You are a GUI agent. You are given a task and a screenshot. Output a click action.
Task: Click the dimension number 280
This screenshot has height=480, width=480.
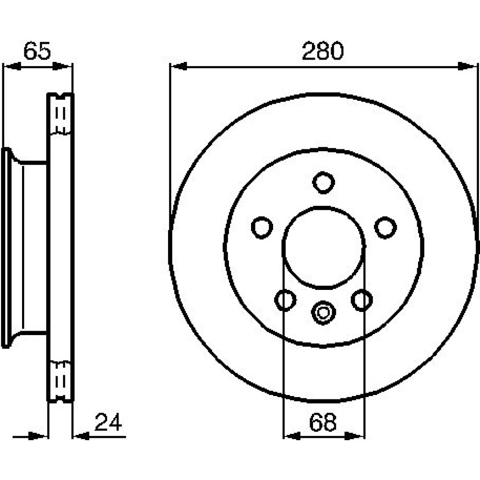(323, 51)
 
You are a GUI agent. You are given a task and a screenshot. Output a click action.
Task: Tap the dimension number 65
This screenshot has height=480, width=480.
(37, 51)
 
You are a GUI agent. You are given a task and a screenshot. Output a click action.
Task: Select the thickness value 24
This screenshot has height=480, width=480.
(108, 422)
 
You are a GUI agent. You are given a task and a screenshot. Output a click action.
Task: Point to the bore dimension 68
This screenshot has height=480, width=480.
(323, 422)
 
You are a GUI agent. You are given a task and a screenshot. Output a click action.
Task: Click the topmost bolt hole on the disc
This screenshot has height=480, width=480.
(323, 182)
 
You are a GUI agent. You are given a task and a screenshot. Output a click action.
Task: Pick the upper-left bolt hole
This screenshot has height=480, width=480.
(262, 228)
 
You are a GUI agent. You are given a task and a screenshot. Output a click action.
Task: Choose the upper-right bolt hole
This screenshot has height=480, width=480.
(385, 228)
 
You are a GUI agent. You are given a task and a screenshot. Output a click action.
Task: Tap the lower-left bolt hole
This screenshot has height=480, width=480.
(285, 300)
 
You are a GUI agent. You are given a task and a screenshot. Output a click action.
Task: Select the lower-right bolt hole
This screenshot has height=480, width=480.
(362, 300)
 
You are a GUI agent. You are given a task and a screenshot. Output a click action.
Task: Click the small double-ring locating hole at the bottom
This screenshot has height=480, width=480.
(323, 312)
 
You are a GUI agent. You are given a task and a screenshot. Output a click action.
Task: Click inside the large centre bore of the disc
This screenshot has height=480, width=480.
(324, 247)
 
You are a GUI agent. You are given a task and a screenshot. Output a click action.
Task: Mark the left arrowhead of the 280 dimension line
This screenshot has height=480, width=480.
(179, 66)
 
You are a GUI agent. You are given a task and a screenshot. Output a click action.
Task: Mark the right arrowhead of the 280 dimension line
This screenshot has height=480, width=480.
(467, 66)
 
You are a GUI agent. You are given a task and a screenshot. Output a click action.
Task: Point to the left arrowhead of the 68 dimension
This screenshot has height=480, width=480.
(292, 436)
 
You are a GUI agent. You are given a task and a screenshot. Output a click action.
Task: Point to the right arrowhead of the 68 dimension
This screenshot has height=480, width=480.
(356, 436)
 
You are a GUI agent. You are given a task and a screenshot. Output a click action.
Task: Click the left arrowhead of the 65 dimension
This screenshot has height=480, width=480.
(12, 66)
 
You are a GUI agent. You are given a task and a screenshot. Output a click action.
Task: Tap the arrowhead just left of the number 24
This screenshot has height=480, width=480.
(82, 436)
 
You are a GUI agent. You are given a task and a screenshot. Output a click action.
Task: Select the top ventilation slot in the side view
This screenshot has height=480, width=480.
(60, 114)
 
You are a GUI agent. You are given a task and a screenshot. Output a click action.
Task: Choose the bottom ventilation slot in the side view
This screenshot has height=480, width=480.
(60, 382)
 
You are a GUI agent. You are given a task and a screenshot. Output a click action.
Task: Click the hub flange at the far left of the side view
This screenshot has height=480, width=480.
(6, 248)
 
